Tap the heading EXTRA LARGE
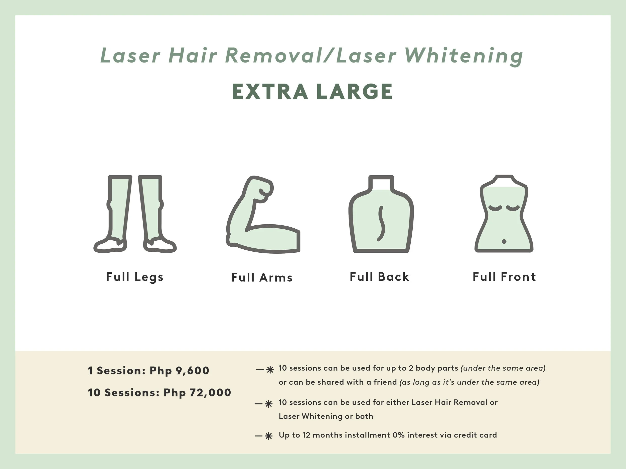pyautogui.click(x=312, y=92)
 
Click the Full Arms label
pyautogui.click(x=262, y=278)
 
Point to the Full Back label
pyautogui.click(x=380, y=277)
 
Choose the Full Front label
pyautogui.click(x=504, y=277)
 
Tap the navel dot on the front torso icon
pyautogui.click(x=504, y=241)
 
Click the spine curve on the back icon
pyautogui.click(x=381, y=223)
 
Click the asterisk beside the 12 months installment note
pyautogui.click(x=269, y=436)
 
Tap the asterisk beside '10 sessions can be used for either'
pyautogui.click(x=269, y=404)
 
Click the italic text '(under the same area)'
pyautogui.click(x=503, y=368)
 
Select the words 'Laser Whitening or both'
pyautogui.click(x=326, y=416)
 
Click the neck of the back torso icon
pyautogui.click(x=381, y=183)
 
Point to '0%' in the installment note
pyautogui.click(x=398, y=435)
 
